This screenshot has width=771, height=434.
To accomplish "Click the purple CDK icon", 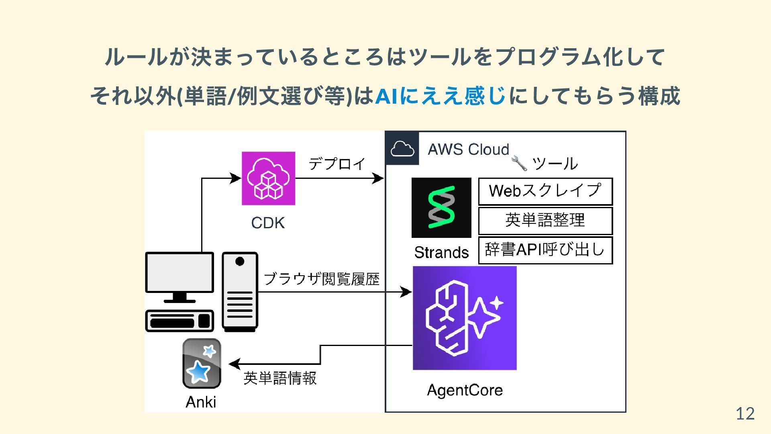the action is click(x=268, y=178).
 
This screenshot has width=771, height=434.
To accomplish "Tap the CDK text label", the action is click(x=268, y=223).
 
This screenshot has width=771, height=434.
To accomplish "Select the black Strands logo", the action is click(x=441, y=208).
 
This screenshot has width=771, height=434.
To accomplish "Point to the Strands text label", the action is click(x=441, y=252).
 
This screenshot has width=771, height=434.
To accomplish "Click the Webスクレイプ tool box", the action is click(x=545, y=191).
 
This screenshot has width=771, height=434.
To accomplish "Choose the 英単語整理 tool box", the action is click(x=545, y=221).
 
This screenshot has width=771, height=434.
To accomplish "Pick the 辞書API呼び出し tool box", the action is click(x=545, y=250).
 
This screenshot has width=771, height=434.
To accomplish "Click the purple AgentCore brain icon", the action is click(x=465, y=318).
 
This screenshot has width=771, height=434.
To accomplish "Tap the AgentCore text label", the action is click(x=465, y=390).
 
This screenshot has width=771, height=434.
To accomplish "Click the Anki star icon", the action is click(x=202, y=363).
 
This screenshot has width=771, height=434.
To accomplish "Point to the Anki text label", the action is click(x=201, y=402).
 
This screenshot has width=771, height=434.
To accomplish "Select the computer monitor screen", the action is click(x=179, y=272).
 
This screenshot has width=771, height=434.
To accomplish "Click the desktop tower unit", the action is click(x=240, y=291).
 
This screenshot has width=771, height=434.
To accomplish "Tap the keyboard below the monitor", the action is click(x=179, y=321).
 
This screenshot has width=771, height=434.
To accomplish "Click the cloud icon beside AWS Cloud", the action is click(x=402, y=148).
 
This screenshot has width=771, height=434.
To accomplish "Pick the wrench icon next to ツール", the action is click(x=519, y=163).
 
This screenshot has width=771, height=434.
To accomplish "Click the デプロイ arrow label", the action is click(x=337, y=164).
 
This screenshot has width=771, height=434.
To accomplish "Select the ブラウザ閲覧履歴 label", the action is click(x=321, y=279).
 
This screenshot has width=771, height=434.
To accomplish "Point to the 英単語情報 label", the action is click(x=280, y=378).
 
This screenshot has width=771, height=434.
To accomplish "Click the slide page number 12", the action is click(x=745, y=414).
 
